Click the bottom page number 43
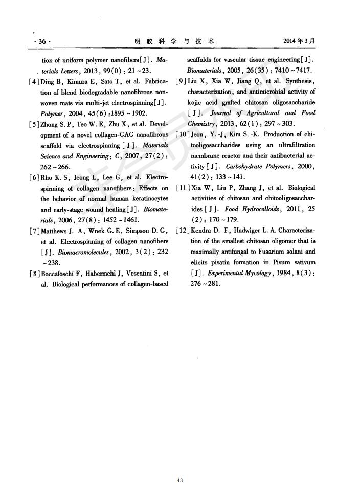point(179,480)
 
